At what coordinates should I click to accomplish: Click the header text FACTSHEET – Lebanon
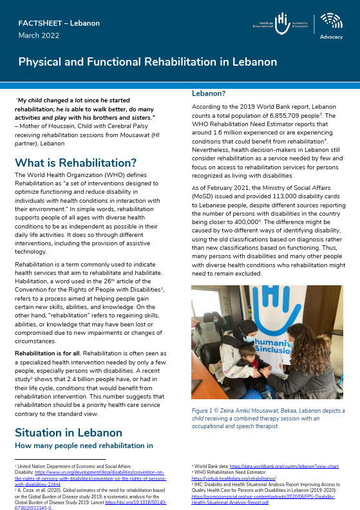(x=59, y=23)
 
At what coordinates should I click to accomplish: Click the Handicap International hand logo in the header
(x=281, y=21)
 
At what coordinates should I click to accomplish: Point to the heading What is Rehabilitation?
(x=75, y=162)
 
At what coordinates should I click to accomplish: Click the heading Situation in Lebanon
(x=68, y=432)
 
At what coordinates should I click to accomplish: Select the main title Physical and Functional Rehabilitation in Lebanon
(x=147, y=62)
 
